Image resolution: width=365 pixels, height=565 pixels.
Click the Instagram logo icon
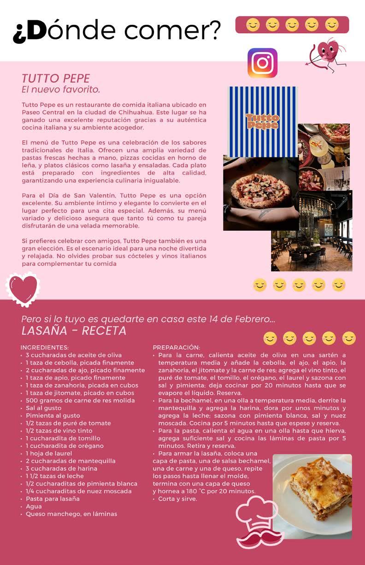click(x=262, y=63)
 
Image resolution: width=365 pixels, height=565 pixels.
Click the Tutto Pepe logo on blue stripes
click(x=262, y=121)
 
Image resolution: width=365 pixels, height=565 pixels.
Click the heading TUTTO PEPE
click(x=56, y=78)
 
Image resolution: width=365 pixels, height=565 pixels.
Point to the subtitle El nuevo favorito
click(x=61, y=88)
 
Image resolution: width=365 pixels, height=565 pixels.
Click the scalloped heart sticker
click(x=24, y=288)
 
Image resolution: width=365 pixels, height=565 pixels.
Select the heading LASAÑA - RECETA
click(x=74, y=331)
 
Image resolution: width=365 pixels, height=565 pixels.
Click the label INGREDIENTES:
click(x=45, y=347)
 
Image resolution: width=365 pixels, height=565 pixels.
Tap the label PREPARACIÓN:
click(x=176, y=347)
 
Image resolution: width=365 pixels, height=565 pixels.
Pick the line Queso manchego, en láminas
click(x=71, y=514)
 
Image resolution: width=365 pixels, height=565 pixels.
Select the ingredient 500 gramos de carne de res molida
click(x=80, y=400)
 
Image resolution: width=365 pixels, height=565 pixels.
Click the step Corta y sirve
click(x=177, y=499)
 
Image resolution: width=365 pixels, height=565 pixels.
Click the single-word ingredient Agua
click(x=34, y=506)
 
